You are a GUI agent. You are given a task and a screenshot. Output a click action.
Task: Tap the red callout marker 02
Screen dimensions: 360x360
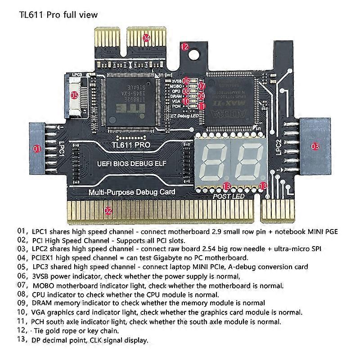click(108, 210)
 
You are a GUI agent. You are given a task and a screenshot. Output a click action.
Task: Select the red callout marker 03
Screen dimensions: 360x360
click(315, 146)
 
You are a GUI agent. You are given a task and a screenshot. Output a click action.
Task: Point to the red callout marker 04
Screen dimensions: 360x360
click(146, 38)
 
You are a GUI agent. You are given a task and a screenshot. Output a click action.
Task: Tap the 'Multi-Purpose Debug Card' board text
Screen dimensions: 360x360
click(132, 192)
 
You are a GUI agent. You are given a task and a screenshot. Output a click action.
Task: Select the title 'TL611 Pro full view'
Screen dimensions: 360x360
click(58, 14)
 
